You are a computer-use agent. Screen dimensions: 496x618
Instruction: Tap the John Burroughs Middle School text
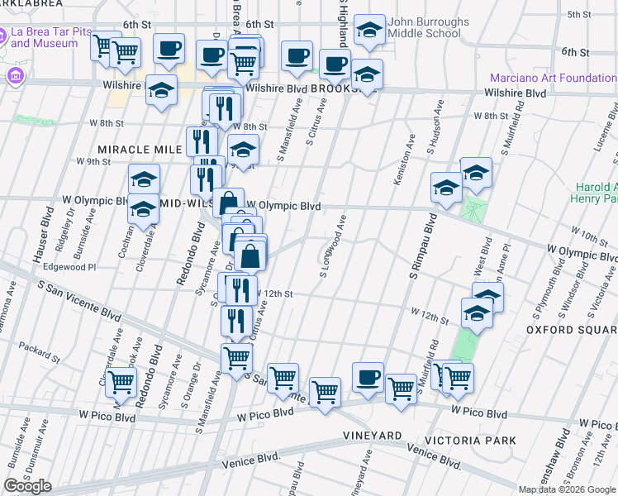point(428,28)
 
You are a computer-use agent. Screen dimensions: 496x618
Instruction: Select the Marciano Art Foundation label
point(553,78)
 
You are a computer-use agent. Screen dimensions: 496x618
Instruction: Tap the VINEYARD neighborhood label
point(373,435)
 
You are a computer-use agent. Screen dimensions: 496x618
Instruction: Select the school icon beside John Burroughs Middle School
point(369,31)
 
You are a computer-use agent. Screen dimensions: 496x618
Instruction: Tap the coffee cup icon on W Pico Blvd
point(367,378)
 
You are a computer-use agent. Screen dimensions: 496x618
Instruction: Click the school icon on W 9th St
point(244,150)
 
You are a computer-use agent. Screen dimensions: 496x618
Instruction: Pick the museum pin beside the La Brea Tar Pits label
point(14,77)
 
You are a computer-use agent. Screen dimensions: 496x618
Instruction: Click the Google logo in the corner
point(27,486)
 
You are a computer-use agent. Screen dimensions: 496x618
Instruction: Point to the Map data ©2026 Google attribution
point(566,489)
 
